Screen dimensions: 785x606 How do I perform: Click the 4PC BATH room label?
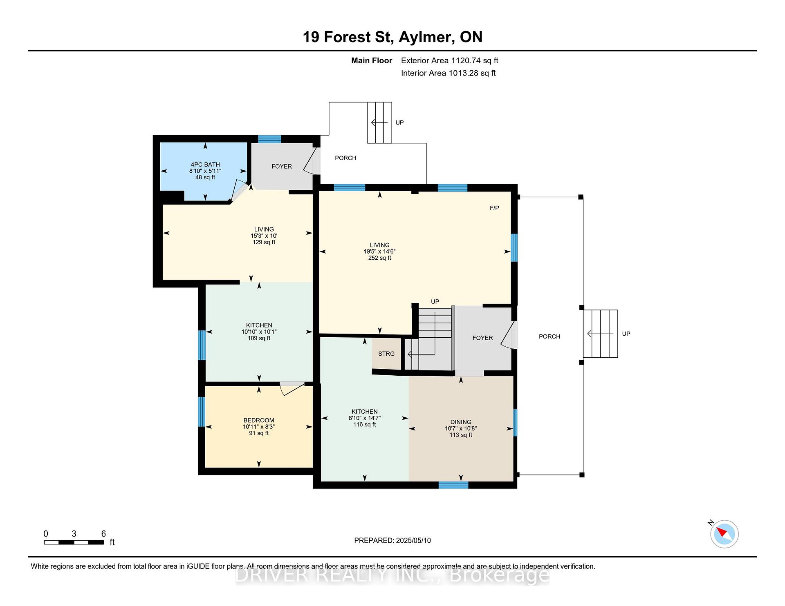click(205, 165)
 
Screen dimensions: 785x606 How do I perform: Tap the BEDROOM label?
click(259, 420)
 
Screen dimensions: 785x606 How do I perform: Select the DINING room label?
click(461, 422)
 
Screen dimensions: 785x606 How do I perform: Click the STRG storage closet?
click(386, 354)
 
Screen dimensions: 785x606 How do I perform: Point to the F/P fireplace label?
click(494, 208)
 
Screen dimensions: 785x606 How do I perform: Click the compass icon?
click(724, 534)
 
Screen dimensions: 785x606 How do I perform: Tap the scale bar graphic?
click(74, 542)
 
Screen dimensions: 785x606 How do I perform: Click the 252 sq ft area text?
click(380, 258)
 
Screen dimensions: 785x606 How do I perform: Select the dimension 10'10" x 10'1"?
click(259, 332)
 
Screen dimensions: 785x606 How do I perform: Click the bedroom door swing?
click(292, 388)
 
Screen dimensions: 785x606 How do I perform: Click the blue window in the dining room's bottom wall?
click(453, 485)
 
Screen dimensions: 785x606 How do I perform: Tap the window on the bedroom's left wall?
click(202, 412)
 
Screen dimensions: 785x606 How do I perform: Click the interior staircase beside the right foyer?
click(429, 339)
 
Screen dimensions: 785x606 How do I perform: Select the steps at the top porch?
click(379, 123)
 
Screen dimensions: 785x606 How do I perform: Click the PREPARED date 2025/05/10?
click(413, 540)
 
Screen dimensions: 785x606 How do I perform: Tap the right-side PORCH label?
click(549, 336)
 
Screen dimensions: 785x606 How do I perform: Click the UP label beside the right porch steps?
click(626, 334)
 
